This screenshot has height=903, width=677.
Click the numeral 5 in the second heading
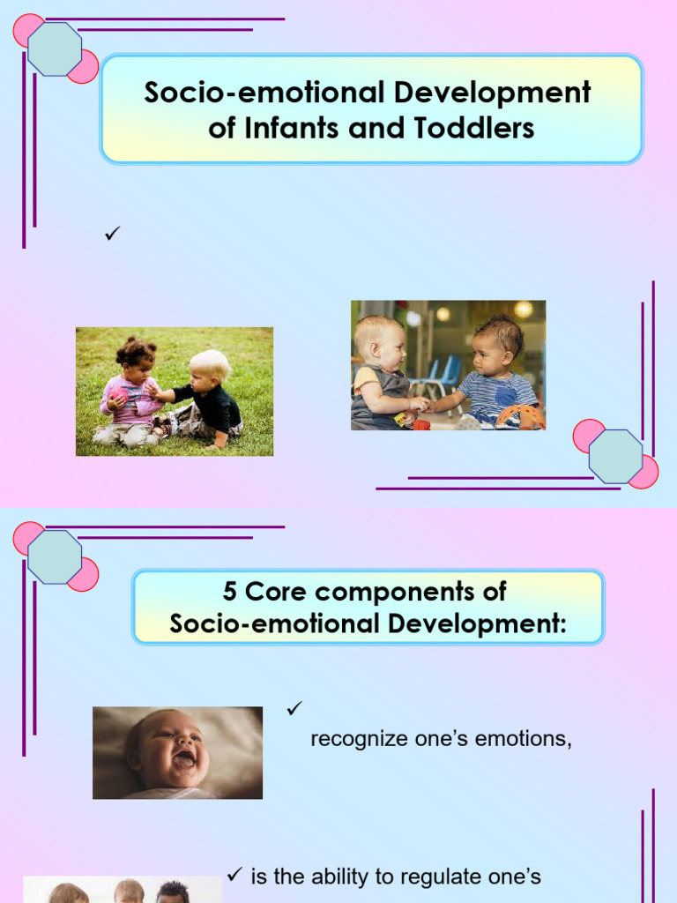click(x=231, y=591)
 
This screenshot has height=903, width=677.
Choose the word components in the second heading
click(x=395, y=591)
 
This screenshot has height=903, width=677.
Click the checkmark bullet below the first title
click(x=111, y=235)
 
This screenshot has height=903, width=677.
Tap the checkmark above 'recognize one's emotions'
click(x=294, y=707)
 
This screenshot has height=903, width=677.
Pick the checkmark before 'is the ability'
click(x=234, y=875)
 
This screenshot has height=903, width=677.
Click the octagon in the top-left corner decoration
click(x=55, y=49)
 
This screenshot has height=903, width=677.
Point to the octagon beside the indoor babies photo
click(x=615, y=456)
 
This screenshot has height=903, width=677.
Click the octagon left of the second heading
click(x=55, y=556)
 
